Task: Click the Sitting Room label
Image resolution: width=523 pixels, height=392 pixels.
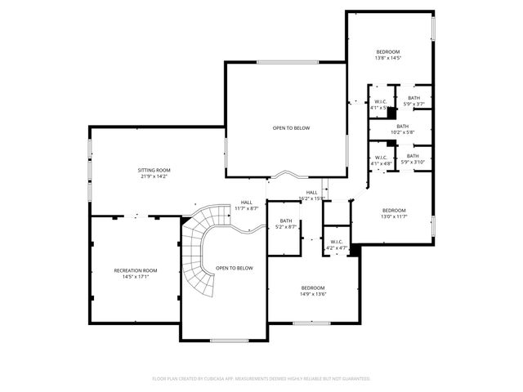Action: [154, 170]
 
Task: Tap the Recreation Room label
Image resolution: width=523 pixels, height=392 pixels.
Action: [135, 270]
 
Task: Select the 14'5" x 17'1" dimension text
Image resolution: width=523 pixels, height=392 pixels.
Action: [135, 277]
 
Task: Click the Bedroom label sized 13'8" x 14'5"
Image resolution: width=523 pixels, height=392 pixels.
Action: [389, 51]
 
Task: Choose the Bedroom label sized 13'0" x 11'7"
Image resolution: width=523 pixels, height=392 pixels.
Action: [394, 211]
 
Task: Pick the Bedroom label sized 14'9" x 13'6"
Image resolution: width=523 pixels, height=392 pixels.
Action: [313, 288]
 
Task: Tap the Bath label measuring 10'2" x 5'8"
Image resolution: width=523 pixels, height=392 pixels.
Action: [402, 126]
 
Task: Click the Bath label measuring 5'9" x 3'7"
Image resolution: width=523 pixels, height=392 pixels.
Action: [414, 98]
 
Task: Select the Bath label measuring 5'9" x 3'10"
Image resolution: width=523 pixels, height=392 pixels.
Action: [413, 156]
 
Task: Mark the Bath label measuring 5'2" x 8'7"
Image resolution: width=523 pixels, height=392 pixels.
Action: [286, 220]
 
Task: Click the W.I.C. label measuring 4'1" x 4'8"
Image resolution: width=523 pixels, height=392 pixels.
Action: [382, 158]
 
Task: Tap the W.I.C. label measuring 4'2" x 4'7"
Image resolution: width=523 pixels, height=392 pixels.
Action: [337, 242]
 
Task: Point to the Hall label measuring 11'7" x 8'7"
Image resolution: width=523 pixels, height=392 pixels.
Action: [247, 203]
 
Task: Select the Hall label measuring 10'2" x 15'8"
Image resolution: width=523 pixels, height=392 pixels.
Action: [311, 192]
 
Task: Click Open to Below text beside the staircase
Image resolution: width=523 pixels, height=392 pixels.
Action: [235, 268]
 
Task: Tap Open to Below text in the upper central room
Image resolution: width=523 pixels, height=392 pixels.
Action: [291, 127]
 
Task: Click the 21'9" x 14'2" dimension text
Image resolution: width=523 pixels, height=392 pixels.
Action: [154, 176]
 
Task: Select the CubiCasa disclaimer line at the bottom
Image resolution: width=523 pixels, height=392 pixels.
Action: [261, 379]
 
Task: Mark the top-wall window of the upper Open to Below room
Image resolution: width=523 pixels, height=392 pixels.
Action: [281, 63]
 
